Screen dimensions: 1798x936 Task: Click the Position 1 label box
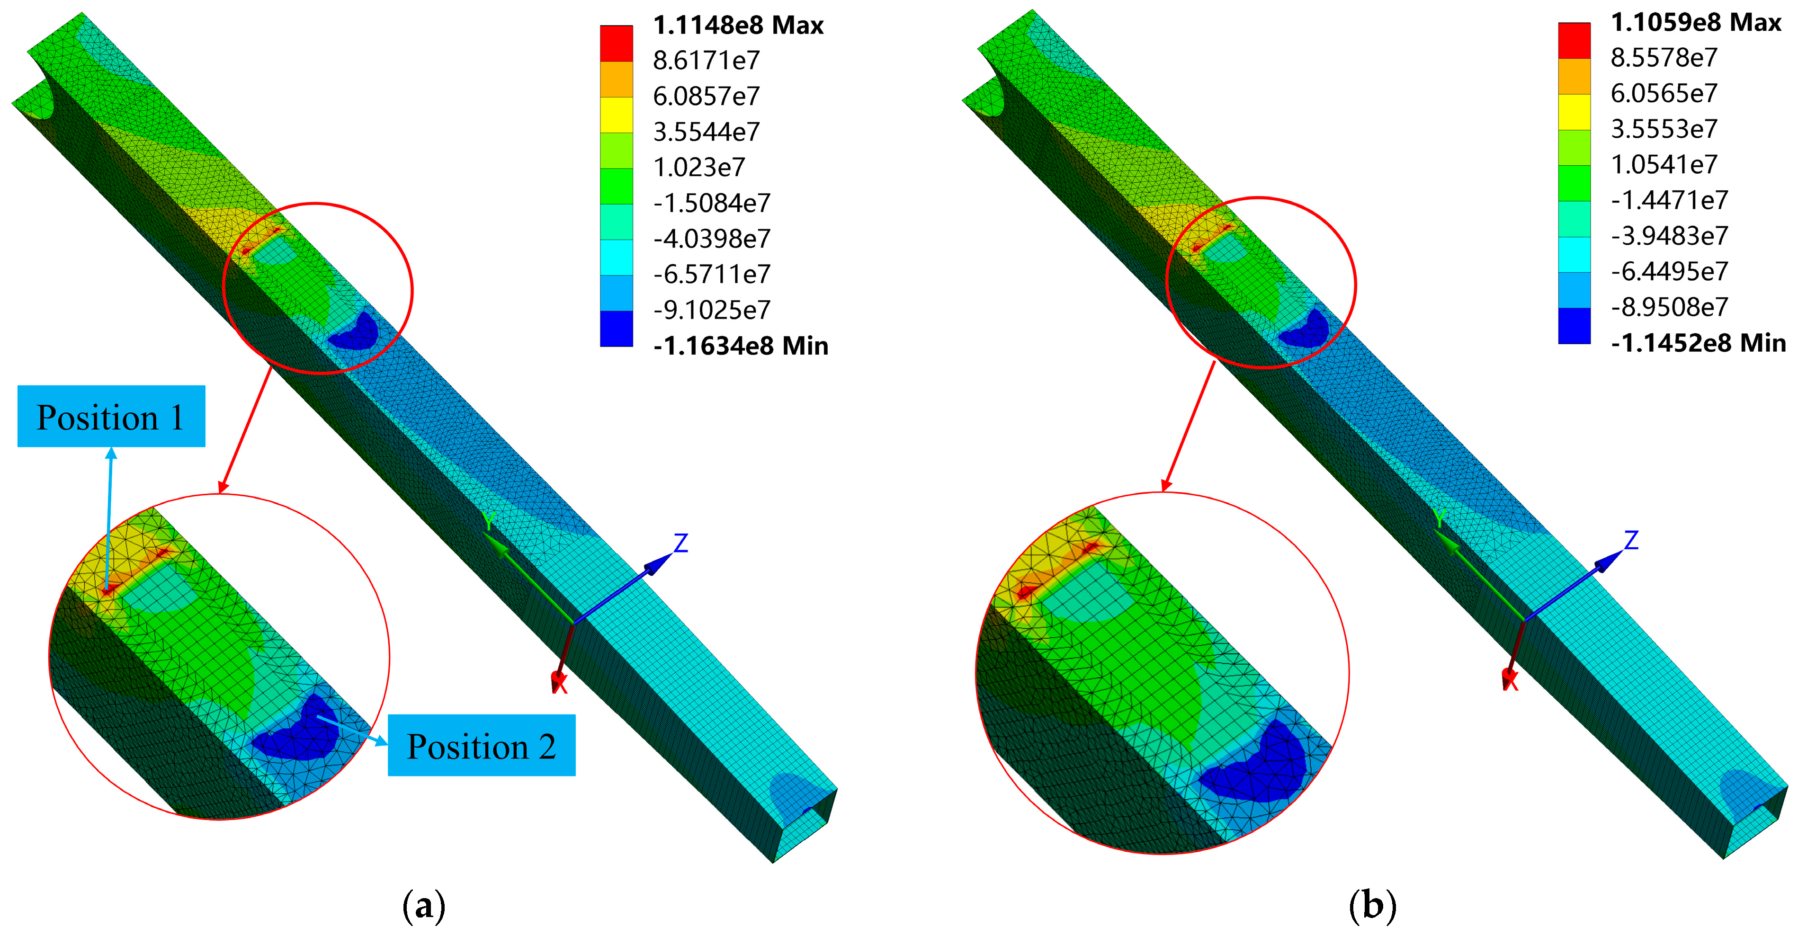pos(111,416)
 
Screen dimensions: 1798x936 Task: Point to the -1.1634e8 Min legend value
pos(741,346)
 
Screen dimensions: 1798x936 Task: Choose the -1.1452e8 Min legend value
pos(1698,343)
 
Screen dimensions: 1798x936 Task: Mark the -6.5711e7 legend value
pos(712,274)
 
